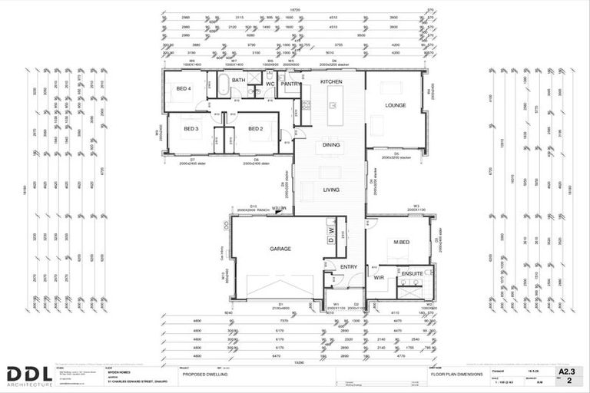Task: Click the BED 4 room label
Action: pyautogui.click(x=184, y=89)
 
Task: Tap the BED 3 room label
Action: pyautogui.click(x=191, y=129)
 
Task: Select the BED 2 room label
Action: pyautogui.click(x=255, y=129)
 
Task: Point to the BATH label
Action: pyautogui.click(x=239, y=80)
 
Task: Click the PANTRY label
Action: pyautogui.click(x=290, y=84)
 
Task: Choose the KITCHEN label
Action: pyautogui.click(x=331, y=81)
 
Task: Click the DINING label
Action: pyautogui.click(x=331, y=144)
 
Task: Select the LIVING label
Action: pyautogui.click(x=331, y=190)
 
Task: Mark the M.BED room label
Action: pyautogui.click(x=400, y=244)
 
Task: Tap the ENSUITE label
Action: pyautogui.click(x=413, y=272)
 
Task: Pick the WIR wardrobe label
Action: pyautogui.click(x=380, y=278)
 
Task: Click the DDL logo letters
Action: pyautogui.click(x=29, y=375)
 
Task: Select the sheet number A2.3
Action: pyautogui.click(x=566, y=370)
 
